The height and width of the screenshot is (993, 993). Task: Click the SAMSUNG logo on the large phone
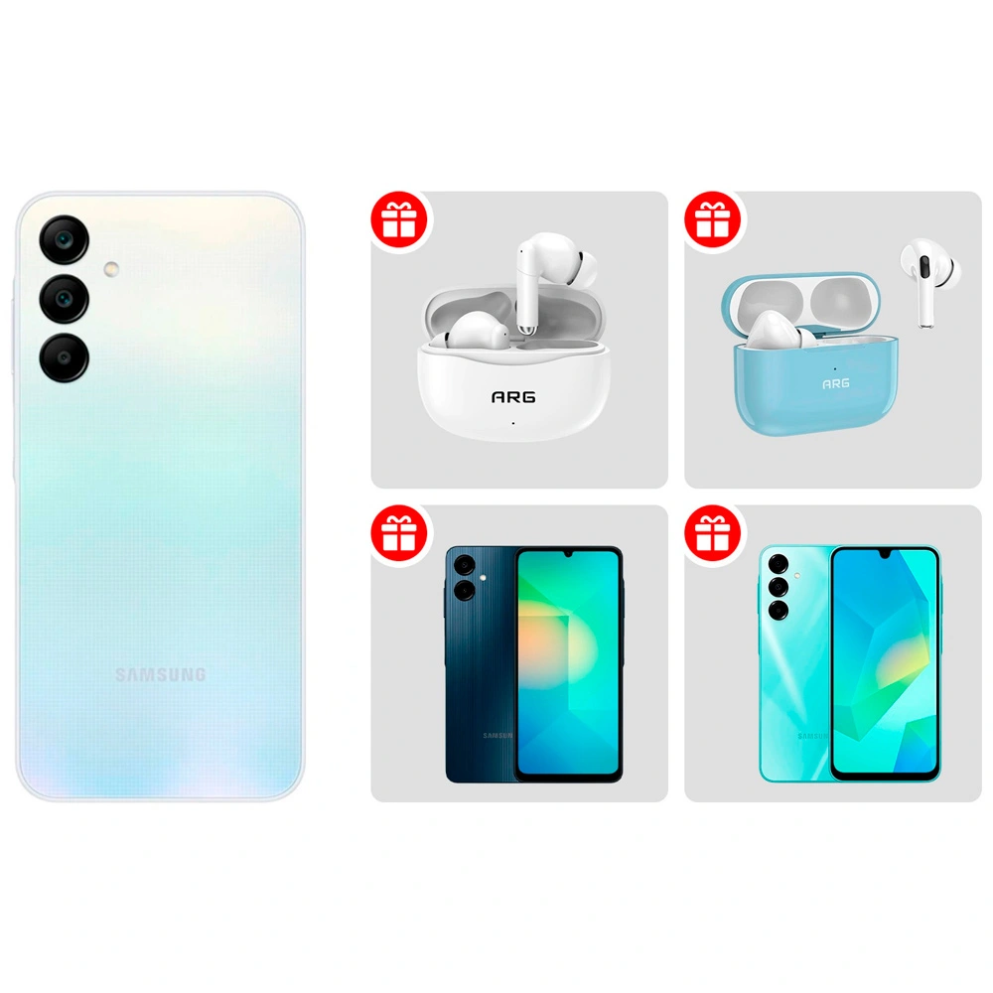coord(160,675)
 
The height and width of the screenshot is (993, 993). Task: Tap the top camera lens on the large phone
coord(65,240)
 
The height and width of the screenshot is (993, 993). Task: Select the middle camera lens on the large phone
coord(65,297)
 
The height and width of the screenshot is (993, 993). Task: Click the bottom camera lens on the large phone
coord(65,355)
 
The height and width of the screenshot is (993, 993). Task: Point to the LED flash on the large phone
coord(110,268)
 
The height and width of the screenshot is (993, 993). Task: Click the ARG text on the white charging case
coord(513,397)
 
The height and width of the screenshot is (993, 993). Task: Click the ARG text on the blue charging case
coord(835,382)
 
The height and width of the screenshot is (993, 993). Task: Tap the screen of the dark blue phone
coord(568,660)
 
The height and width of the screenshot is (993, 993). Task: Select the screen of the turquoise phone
coord(884,660)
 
